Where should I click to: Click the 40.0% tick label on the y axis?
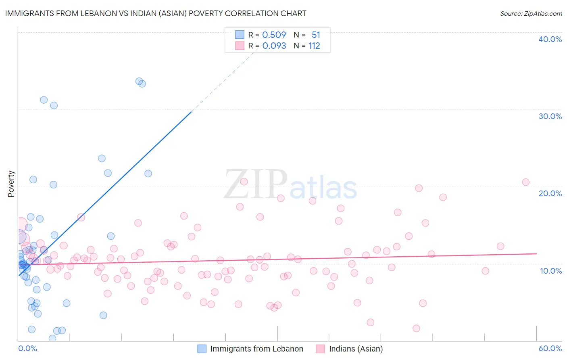(550, 39)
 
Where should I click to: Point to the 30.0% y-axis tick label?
(550, 116)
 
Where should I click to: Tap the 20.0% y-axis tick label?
(550, 193)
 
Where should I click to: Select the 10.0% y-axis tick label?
(550, 271)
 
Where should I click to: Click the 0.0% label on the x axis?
(27, 348)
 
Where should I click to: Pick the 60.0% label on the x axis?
(550, 348)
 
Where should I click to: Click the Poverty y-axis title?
(11, 184)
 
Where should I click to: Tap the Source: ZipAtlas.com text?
(531, 14)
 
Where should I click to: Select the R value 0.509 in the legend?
(274, 35)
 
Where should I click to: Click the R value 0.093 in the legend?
(274, 46)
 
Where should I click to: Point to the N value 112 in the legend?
(314, 46)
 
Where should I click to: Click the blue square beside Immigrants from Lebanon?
(202, 349)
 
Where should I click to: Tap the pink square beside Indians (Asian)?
(320, 349)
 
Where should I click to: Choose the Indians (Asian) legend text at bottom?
(356, 349)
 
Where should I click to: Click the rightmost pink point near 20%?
(525, 182)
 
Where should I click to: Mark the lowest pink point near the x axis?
(416, 329)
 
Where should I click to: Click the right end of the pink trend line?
(536, 253)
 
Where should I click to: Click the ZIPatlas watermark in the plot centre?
(290, 185)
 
